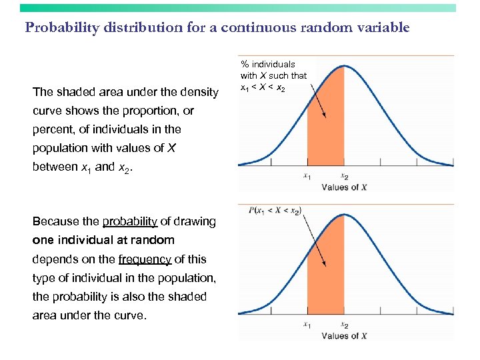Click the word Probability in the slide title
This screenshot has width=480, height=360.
[59, 28]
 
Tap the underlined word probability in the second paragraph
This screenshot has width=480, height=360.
[130, 221]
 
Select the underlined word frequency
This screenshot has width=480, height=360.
[143, 259]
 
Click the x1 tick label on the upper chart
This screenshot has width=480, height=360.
[307, 177]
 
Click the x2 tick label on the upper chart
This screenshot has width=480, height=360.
[344, 177]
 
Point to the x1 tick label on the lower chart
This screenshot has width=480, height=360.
[307, 325]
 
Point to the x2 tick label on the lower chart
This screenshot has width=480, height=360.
[344, 325]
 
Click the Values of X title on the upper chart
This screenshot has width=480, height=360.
[344, 187]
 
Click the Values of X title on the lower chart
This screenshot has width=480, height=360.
[344, 336]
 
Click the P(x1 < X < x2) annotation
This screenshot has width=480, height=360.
[275, 211]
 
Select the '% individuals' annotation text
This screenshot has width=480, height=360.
[268, 65]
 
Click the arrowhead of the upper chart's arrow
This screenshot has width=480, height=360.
[325, 116]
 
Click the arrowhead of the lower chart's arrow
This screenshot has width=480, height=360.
[325, 266]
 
